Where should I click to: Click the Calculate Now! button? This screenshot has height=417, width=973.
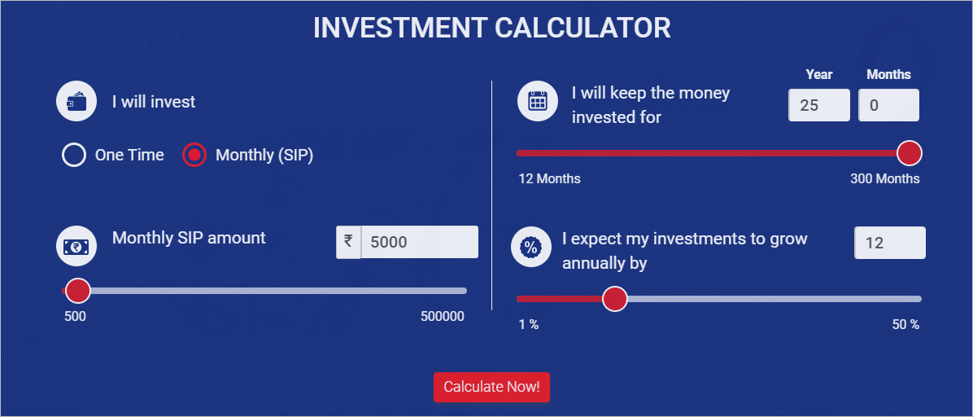coord(491,387)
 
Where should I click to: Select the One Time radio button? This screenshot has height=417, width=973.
coord(74,155)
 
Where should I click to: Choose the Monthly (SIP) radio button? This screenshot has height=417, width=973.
coord(194,155)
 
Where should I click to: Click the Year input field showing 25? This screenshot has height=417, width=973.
coord(818,105)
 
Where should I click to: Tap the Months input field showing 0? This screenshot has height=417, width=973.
coord(888,105)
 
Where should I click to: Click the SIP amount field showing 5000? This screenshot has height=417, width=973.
coord(419,242)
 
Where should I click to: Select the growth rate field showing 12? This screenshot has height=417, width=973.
coord(889,243)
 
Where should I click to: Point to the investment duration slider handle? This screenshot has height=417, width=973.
coord(909,153)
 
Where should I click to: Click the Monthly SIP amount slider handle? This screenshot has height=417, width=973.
coord(78,291)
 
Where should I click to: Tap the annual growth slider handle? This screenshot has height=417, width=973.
coord(615,299)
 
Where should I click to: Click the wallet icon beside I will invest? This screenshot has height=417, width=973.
coord(76,102)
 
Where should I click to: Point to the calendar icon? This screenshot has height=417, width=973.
coord(538,101)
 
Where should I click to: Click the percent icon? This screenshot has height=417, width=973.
coord(530,248)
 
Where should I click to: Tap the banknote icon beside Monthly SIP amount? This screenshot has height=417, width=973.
coord(76,246)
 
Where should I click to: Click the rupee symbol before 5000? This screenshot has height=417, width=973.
coord(348,242)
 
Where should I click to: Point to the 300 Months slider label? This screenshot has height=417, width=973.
coord(885,178)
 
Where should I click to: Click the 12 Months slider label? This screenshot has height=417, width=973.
coord(550,178)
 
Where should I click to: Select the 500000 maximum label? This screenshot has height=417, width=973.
coord(443,316)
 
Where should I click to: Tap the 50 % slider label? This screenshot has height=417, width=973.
coord(905,324)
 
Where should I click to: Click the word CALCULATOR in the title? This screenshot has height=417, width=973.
coord(582,28)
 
